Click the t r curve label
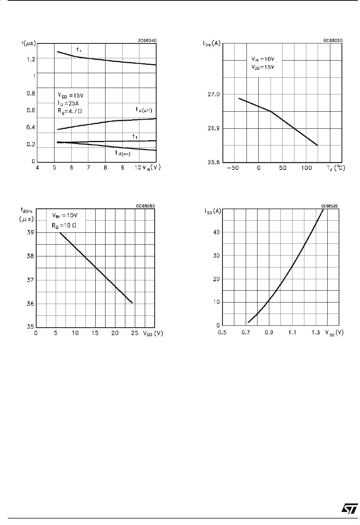(79, 50)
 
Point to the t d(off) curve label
(144, 110)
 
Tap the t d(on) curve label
(122, 153)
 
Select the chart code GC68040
(147, 40)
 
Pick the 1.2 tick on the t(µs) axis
(30, 59)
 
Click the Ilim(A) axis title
(211, 43)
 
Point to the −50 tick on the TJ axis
(233, 168)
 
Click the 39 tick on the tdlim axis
(30, 232)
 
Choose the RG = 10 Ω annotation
(64, 225)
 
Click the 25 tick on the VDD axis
(134, 333)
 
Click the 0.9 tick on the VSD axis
(269, 333)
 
